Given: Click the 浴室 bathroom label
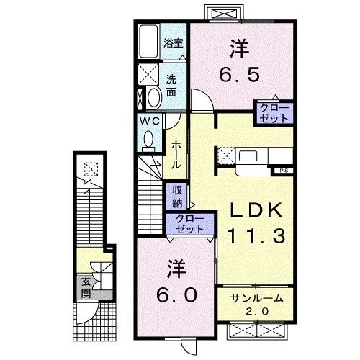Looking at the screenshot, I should pyautogui.click(x=172, y=43).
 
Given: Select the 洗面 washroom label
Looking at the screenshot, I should pyautogui.click(x=172, y=85).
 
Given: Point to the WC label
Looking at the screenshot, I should pyautogui.click(x=150, y=120).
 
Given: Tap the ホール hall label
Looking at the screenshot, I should pyautogui.click(x=176, y=153).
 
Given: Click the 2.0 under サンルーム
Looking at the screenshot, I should pyautogui.click(x=257, y=311).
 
